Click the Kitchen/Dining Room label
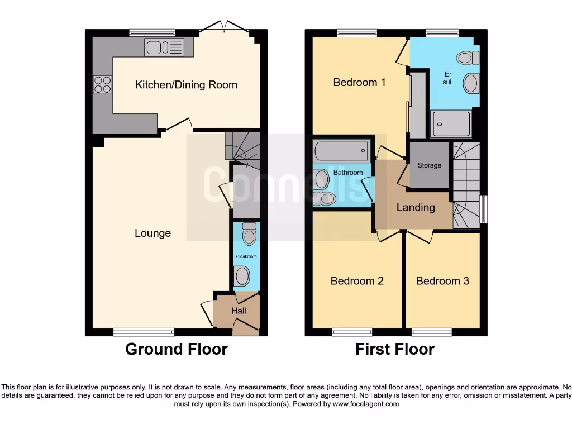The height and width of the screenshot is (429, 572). (x=186, y=85)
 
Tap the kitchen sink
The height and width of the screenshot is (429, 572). (x=163, y=47)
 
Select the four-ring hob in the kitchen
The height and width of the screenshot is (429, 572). (x=102, y=84)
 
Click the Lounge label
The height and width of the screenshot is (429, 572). (x=152, y=233)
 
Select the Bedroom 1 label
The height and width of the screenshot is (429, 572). (x=359, y=82)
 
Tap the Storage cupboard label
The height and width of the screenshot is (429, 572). (x=429, y=165)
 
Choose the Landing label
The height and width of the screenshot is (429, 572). (x=415, y=207)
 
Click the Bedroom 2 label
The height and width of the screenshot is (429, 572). (x=357, y=280)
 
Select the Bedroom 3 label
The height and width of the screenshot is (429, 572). (x=442, y=280)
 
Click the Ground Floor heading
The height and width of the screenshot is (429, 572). (x=176, y=349)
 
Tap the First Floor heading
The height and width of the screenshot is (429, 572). (x=394, y=349)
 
